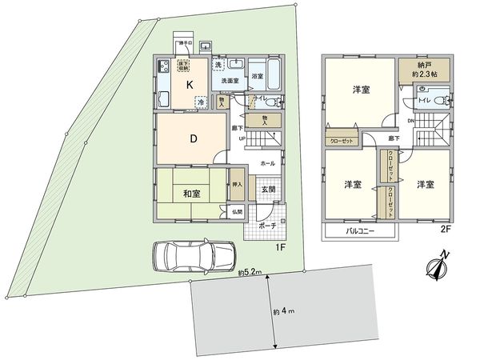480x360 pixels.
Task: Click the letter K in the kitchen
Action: pos(190,82)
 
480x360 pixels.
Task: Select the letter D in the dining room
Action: pos(193,138)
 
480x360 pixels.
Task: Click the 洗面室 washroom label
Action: pos(226,81)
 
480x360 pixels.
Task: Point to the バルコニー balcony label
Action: pos(361,232)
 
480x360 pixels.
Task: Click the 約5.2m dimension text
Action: pos(251,273)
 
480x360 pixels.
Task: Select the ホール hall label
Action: pos(267,163)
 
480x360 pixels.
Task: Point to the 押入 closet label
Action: pos(237,184)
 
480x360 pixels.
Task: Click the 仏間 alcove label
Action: pos(237,211)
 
